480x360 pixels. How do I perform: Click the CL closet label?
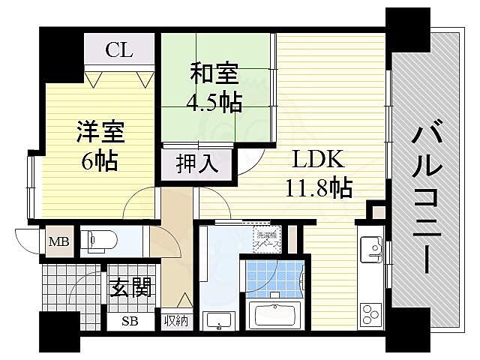(x=119, y=50)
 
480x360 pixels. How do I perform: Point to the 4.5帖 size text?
(x=215, y=101)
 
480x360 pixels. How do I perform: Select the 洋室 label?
(x=100, y=133)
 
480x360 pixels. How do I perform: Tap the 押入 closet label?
(x=198, y=163)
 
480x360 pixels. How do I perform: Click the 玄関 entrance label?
(x=132, y=286)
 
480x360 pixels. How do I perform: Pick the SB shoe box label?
(x=130, y=322)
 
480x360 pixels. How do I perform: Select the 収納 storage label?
(x=176, y=322)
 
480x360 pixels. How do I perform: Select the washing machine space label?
(x=265, y=239)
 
